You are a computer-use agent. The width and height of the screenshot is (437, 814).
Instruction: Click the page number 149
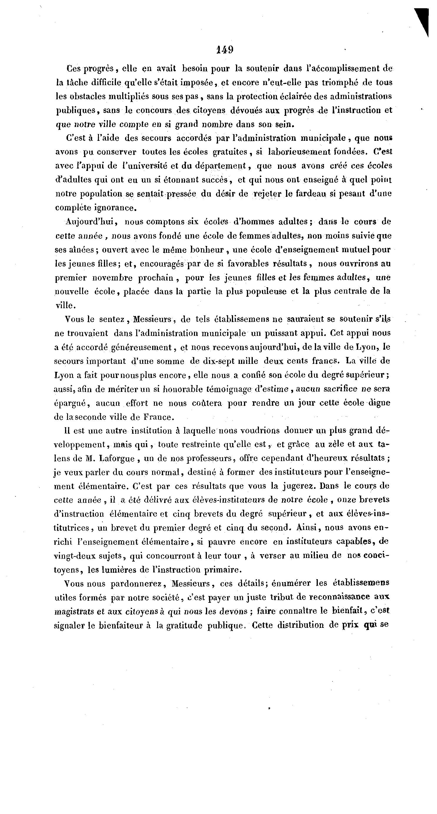click(x=225, y=49)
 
